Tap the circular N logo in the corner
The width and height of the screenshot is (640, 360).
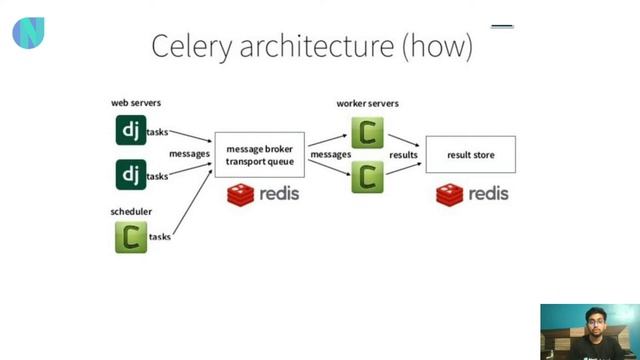click(28, 33)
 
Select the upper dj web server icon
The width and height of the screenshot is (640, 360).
click(130, 130)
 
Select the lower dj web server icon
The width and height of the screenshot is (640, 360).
click(130, 175)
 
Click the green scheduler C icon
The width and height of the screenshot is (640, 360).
click(130, 237)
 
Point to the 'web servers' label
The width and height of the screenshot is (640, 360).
click(135, 103)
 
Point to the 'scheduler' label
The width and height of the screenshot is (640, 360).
click(130, 212)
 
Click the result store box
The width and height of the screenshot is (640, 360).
click(470, 155)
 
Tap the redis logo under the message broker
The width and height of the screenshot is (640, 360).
click(262, 194)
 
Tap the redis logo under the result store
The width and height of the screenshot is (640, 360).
click(472, 194)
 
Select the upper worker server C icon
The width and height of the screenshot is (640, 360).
click(368, 132)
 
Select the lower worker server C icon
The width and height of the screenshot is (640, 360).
click(368, 177)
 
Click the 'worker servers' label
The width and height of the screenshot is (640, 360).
click(368, 104)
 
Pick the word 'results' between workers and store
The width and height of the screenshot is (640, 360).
click(403, 156)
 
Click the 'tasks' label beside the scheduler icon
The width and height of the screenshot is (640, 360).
click(160, 237)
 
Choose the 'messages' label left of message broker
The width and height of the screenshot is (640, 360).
click(189, 154)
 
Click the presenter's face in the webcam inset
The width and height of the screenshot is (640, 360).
click(588, 322)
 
